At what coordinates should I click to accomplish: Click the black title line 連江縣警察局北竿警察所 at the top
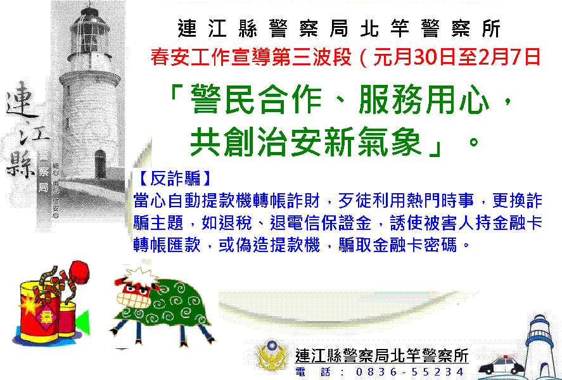(x=339, y=28)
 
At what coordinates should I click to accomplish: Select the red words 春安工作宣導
(x=204, y=57)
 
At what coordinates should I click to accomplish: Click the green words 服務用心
(x=424, y=99)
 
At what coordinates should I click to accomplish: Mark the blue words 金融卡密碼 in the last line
(x=415, y=245)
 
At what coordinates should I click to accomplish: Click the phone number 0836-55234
(x=410, y=372)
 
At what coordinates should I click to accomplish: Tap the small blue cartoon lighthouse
(x=540, y=346)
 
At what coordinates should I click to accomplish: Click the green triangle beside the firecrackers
(x=83, y=322)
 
